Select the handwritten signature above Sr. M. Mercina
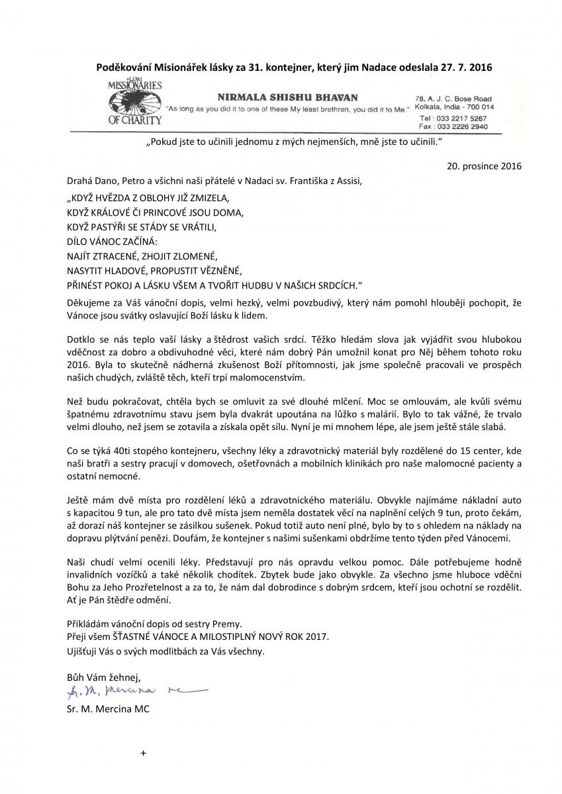tap(136, 691)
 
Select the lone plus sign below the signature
tap(142, 753)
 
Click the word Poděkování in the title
tap(124, 67)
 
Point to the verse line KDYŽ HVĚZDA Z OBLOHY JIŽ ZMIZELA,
tap(148, 198)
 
